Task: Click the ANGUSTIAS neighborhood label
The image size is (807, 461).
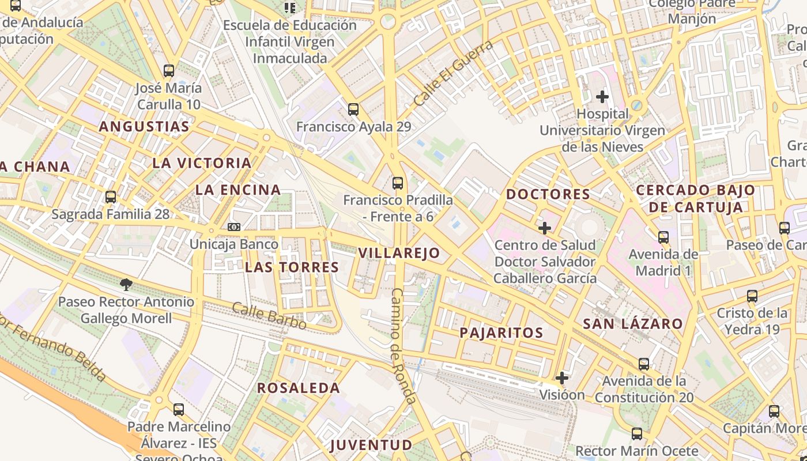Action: (x=144, y=127)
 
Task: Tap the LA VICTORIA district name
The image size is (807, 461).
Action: (x=202, y=163)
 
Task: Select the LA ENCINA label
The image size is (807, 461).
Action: (x=238, y=190)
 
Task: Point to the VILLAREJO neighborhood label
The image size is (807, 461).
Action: (x=399, y=253)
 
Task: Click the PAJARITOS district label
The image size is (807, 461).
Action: (x=501, y=332)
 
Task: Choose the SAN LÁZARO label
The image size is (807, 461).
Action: (x=633, y=324)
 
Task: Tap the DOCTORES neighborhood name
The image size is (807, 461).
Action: (x=548, y=194)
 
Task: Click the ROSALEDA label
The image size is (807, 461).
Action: (x=299, y=388)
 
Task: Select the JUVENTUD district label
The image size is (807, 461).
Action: (x=371, y=445)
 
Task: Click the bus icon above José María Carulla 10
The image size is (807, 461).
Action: (x=168, y=71)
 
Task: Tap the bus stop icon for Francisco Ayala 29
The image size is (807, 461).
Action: (x=353, y=109)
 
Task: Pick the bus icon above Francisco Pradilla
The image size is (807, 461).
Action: (x=398, y=183)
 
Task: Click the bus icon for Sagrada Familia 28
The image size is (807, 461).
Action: (x=111, y=197)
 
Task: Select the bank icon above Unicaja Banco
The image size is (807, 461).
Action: (x=233, y=227)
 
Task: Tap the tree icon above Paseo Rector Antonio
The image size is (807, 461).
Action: (x=126, y=284)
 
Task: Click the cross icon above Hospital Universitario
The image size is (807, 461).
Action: (x=602, y=96)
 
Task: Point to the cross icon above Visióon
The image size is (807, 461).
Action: (x=562, y=378)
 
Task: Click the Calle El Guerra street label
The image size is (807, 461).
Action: (x=454, y=73)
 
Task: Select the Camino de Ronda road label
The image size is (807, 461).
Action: (x=403, y=346)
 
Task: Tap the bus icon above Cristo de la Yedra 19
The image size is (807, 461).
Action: (x=752, y=296)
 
